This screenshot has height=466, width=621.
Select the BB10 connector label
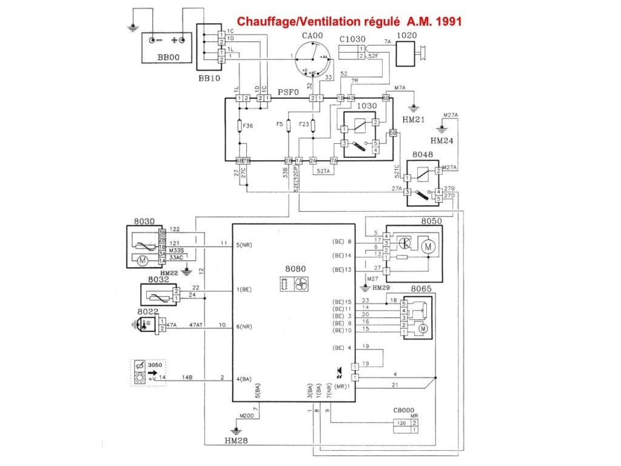click(x=209, y=79)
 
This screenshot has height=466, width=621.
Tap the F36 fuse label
click(x=247, y=126)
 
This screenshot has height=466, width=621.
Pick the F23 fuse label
click(x=304, y=125)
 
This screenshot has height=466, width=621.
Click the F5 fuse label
click(x=280, y=125)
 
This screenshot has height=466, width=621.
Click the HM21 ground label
click(x=415, y=121)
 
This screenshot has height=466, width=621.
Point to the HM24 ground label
click(x=441, y=141)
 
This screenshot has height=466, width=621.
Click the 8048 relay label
click(x=422, y=155)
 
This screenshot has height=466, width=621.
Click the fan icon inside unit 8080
click(x=299, y=284)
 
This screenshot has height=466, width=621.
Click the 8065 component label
click(x=421, y=289)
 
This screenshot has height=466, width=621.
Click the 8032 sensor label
click(x=158, y=280)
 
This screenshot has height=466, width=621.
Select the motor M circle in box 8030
click(x=144, y=260)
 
